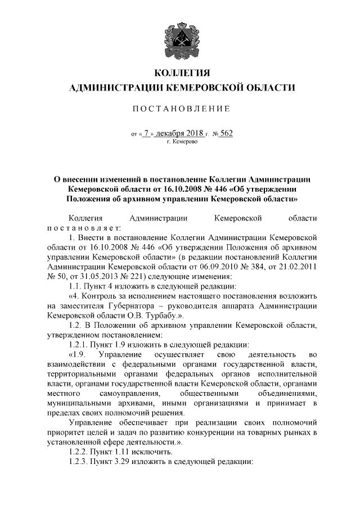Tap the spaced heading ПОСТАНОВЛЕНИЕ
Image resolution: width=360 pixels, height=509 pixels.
180,109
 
